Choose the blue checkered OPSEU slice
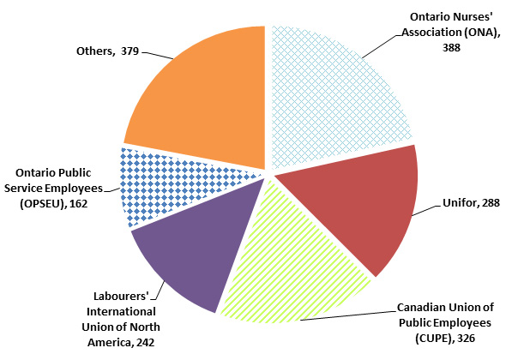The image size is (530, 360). (x=154, y=184)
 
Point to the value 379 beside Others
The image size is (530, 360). (x=130, y=51)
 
